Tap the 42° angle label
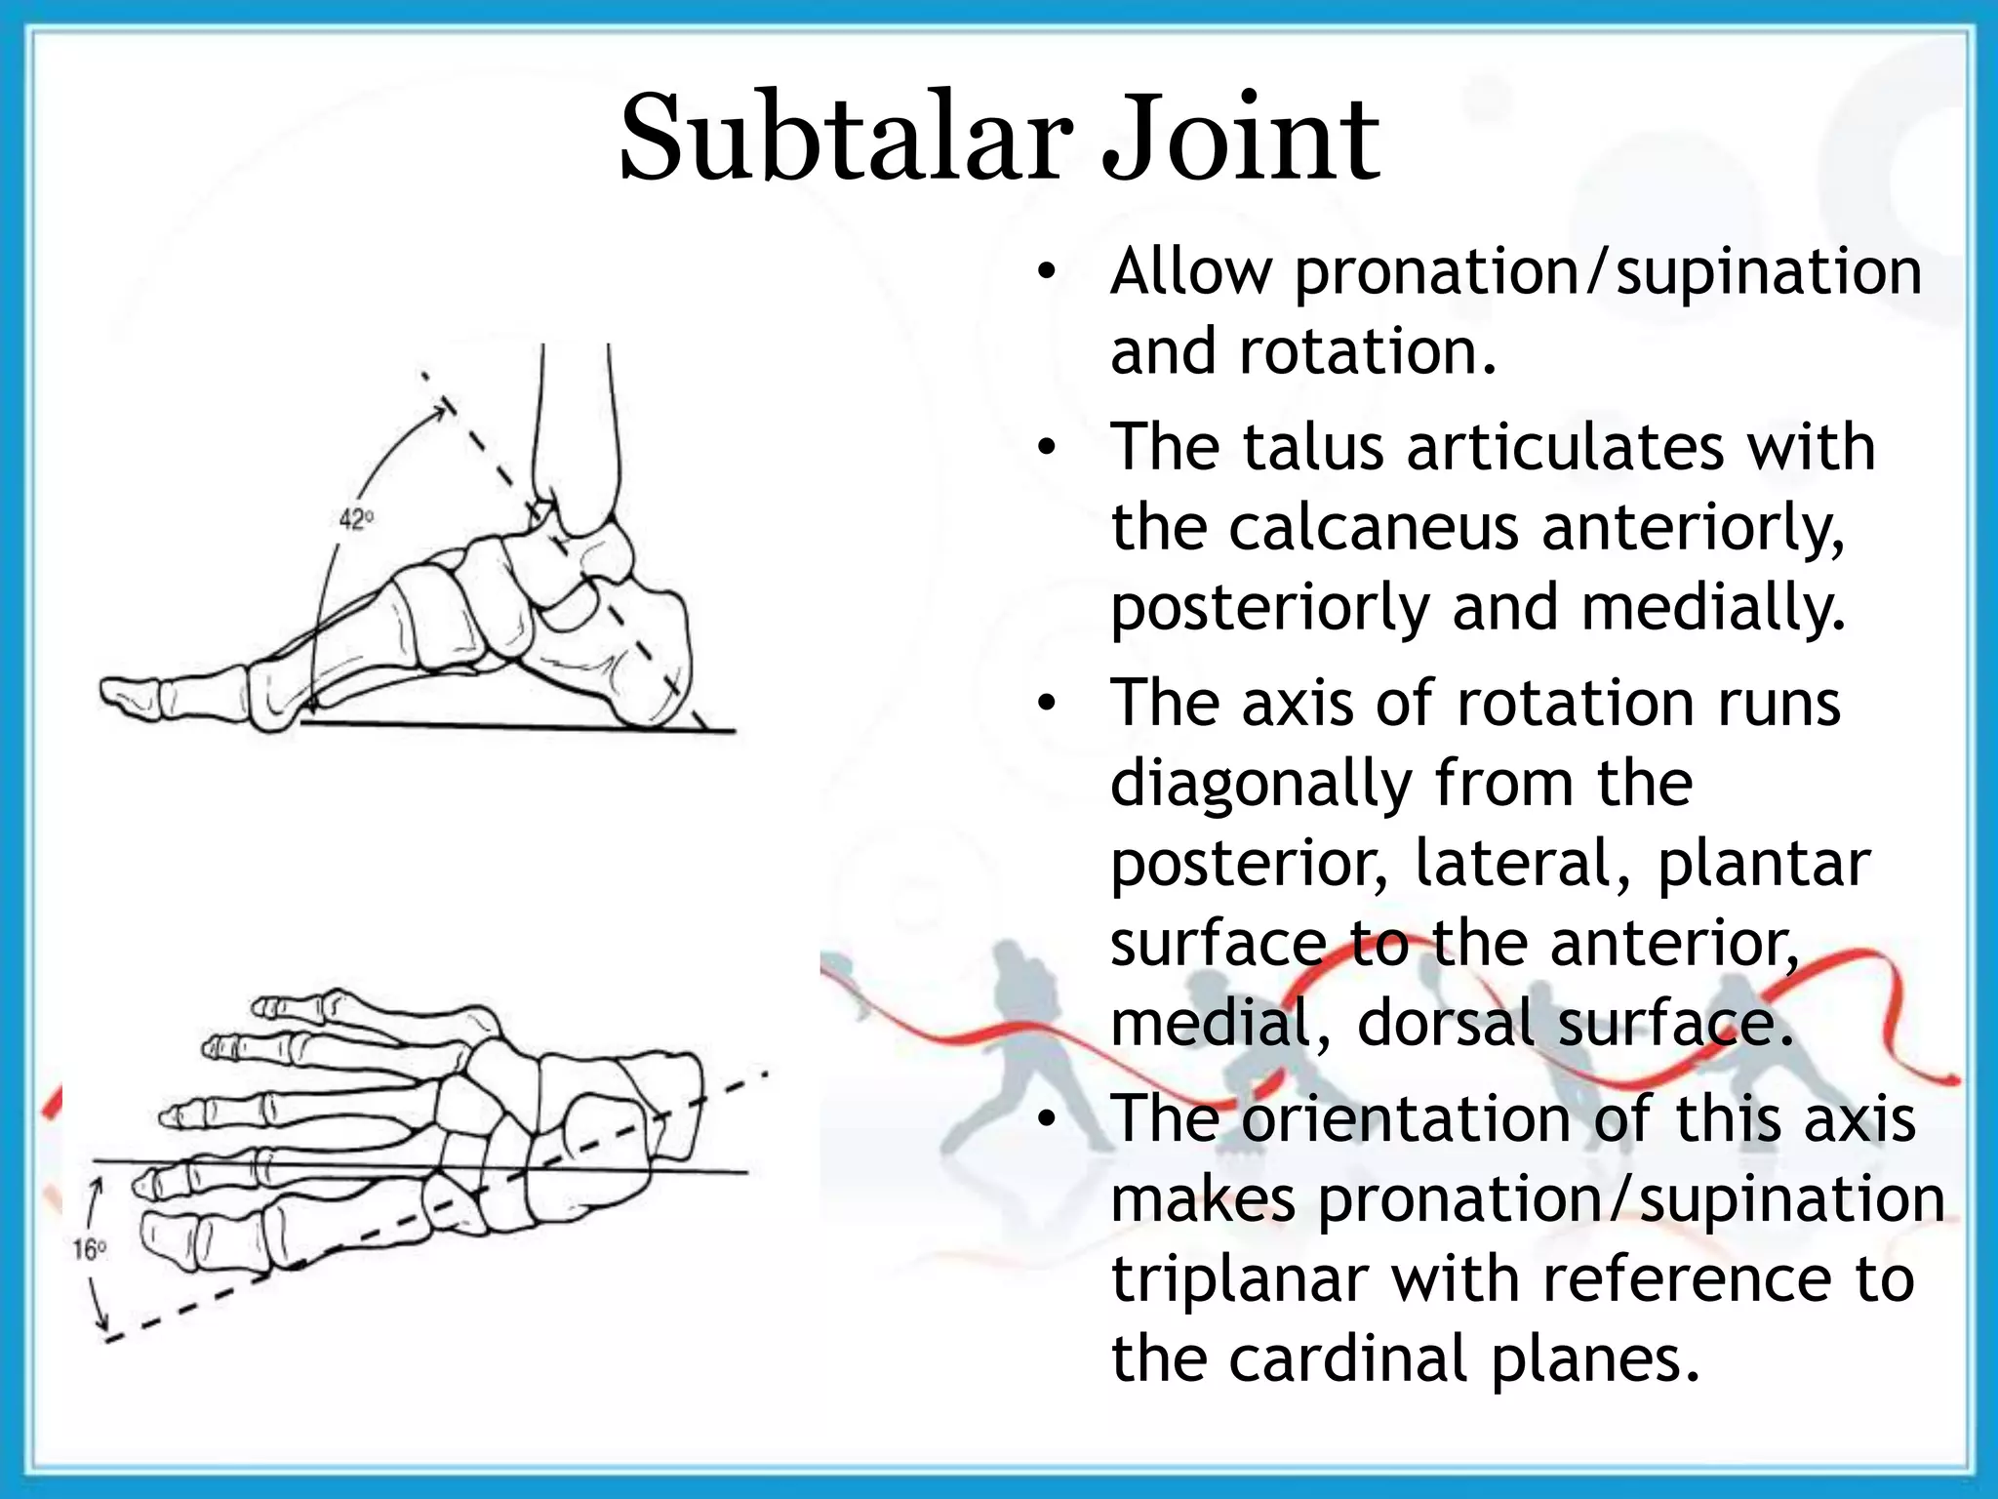coord(356,519)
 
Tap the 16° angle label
coord(89,1249)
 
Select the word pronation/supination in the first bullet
coord(1608,273)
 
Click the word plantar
coord(1763,865)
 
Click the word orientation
coord(1406,1119)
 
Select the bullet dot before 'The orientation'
coord(1047,1121)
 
